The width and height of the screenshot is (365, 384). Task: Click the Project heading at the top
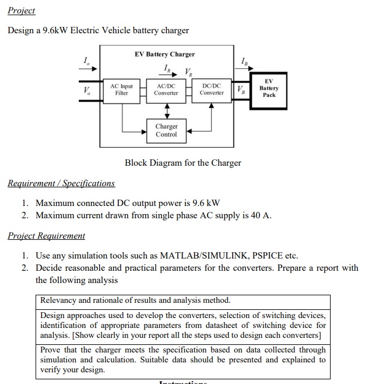click(x=21, y=11)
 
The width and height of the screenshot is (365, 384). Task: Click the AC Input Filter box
click(x=121, y=89)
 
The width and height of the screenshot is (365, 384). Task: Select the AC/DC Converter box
click(x=166, y=89)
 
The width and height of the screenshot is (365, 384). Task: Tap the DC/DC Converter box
click(x=212, y=89)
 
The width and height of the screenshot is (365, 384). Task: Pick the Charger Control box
click(x=166, y=130)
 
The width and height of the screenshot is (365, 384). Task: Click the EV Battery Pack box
click(x=269, y=88)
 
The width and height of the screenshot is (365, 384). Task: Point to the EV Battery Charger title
click(x=164, y=54)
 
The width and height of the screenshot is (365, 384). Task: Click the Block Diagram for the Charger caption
click(x=182, y=163)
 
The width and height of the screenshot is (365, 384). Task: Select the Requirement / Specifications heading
click(x=61, y=183)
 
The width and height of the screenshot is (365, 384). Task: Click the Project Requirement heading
click(x=47, y=236)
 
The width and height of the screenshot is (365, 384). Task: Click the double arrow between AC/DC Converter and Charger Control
click(x=167, y=110)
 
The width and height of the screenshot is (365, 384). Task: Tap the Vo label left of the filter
click(x=87, y=90)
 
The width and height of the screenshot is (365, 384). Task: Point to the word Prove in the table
click(x=50, y=350)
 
